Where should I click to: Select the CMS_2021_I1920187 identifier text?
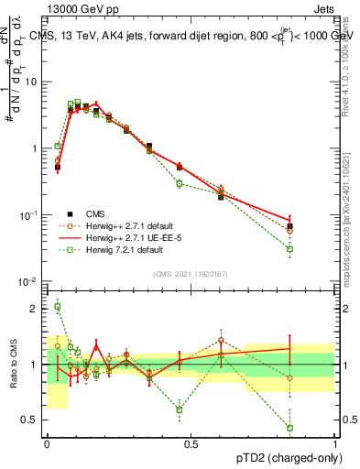[x=191, y=274]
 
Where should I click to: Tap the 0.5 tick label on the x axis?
[x=191, y=444]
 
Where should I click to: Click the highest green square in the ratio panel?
[x=57, y=307]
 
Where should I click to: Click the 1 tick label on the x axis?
[x=334, y=444]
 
